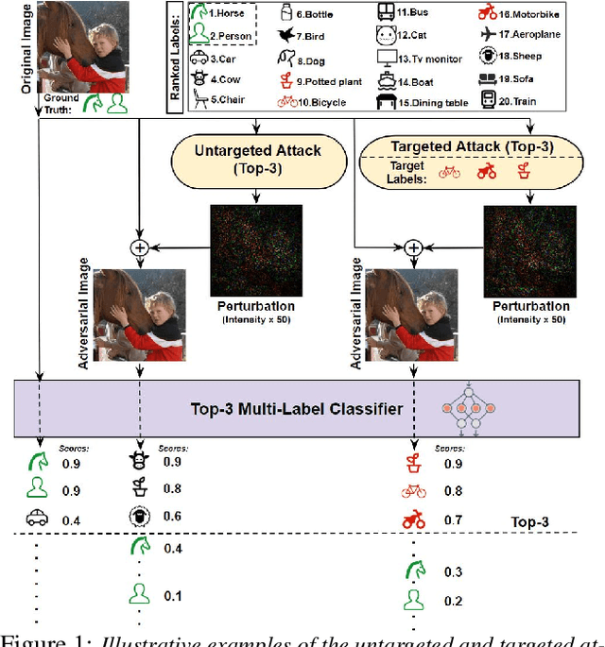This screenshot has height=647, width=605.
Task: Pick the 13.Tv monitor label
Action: [x=425, y=58]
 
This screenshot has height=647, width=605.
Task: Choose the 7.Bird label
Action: [x=313, y=36]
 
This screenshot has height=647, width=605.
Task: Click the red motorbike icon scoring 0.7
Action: [x=413, y=519]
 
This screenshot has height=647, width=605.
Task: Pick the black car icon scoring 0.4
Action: [x=37, y=519]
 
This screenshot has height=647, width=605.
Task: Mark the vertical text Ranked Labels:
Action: [x=176, y=57]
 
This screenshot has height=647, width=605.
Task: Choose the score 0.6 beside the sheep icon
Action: [x=171, y=517]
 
